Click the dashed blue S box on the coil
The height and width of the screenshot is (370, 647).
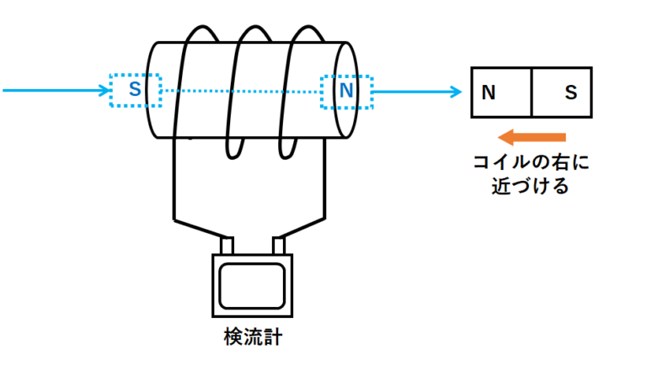point(135,90)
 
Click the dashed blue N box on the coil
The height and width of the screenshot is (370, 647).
point(345,90)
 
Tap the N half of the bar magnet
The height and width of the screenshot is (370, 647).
point(501,92)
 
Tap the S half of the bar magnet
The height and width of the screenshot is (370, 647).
point(562,92)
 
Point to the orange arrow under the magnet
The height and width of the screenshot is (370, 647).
point(530,137)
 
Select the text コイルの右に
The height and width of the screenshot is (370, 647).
point(530,161)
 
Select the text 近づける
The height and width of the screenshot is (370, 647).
point(530,186)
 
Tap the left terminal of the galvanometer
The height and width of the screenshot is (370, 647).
point(226,246)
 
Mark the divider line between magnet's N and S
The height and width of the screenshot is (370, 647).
point(532,92)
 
